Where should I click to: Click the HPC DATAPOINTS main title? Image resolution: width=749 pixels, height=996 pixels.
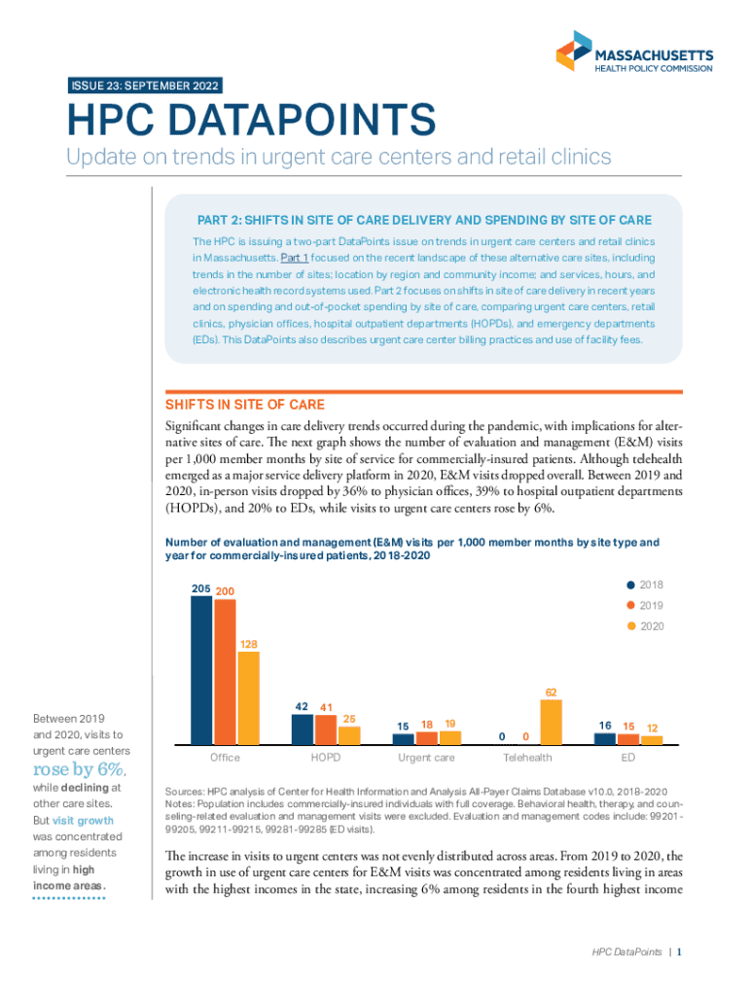point(250,122)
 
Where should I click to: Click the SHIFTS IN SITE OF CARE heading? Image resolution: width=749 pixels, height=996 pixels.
point(247,404)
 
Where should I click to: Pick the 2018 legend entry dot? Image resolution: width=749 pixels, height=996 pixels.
point(632,586)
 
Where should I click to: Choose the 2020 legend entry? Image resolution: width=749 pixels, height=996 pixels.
point(646,627)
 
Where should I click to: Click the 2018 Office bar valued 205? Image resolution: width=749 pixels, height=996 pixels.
point(201,670)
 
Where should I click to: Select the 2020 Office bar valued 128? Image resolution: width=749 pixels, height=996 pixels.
point(248,697)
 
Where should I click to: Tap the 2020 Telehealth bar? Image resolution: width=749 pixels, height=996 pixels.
point(551,722)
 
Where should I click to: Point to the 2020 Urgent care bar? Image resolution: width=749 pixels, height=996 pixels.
point(450,738)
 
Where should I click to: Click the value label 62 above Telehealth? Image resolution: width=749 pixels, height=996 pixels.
point(551,693)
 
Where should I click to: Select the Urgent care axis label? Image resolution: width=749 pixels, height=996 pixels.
point(426,757)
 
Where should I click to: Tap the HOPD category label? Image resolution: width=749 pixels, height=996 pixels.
point(326,757)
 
